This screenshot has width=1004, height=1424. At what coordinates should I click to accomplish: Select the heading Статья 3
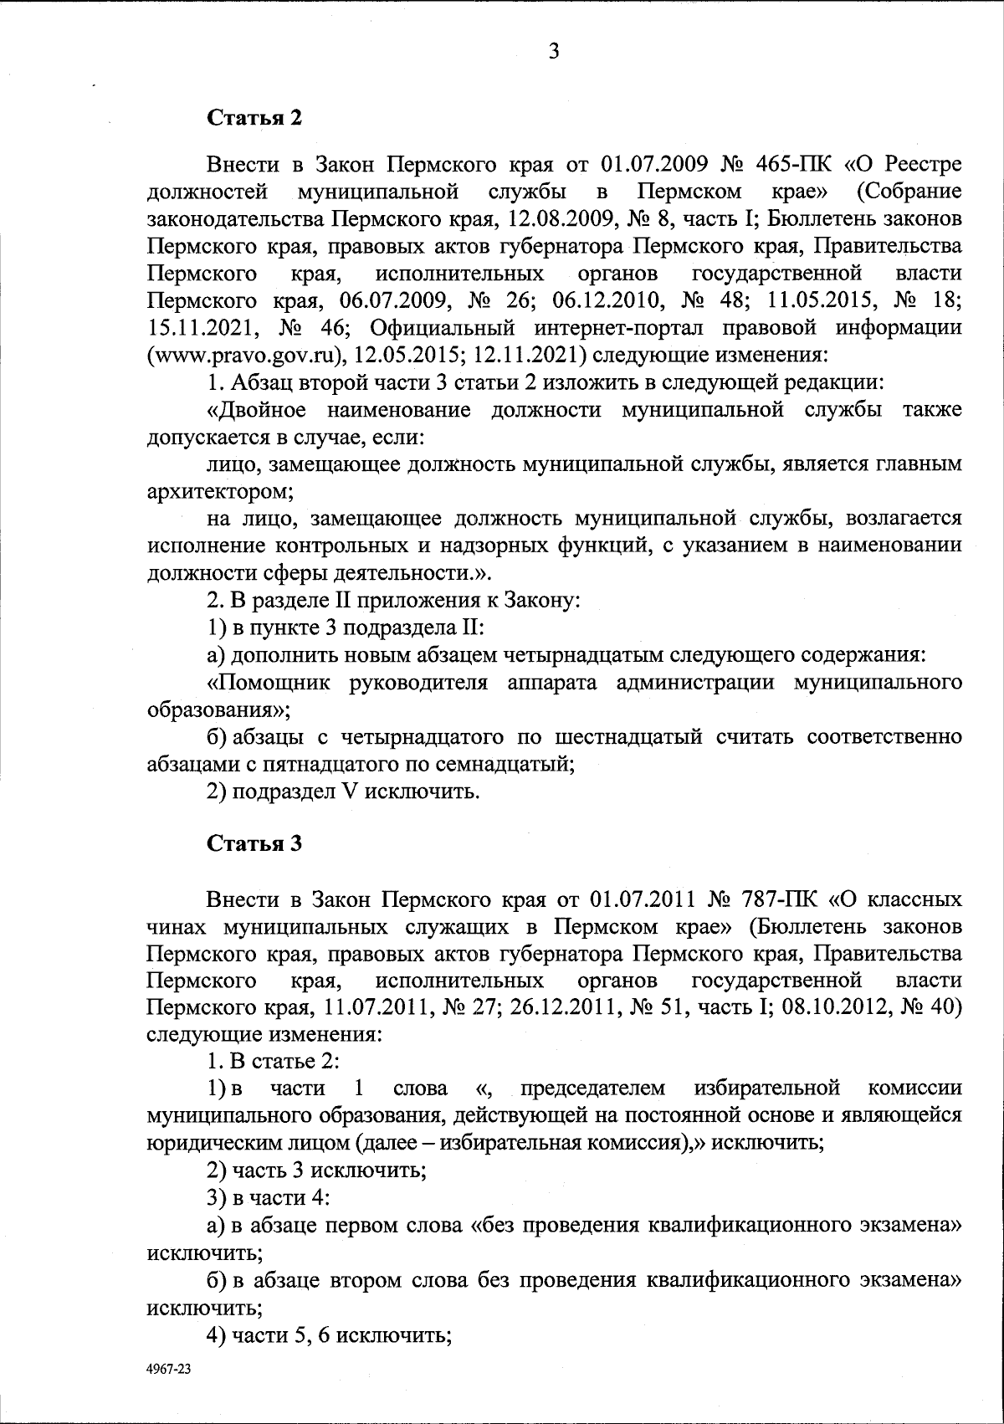(254, 843)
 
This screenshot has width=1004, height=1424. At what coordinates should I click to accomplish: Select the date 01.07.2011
(643, 899)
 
